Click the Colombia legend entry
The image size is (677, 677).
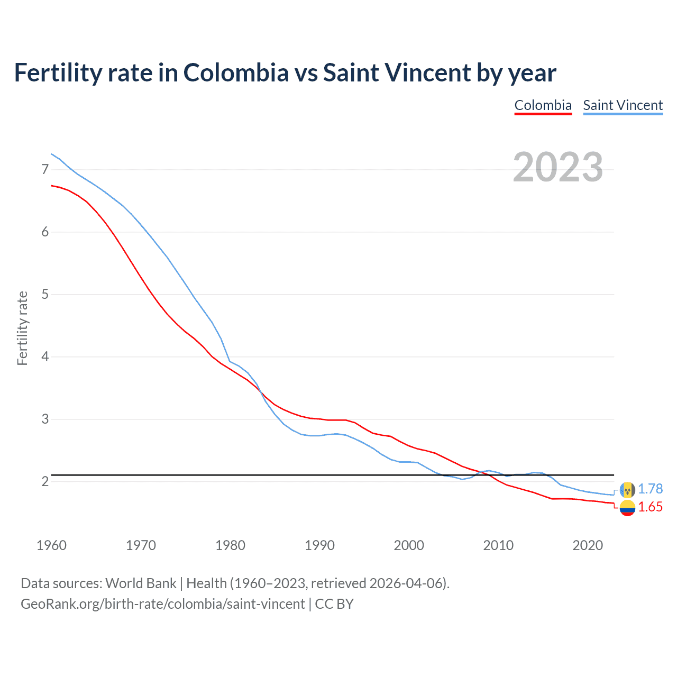pos(543,105)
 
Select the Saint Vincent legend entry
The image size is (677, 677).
pos(623,105)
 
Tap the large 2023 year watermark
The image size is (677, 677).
pos(557,167)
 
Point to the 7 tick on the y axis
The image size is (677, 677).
pos(45,169)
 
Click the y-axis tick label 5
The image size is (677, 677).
pos(45,294)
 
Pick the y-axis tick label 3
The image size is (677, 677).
pos(45,419)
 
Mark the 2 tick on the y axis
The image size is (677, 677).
pos(45,481)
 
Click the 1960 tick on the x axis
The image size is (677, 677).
pos(51,545)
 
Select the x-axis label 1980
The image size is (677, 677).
pos(230,545)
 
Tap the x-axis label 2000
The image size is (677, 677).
pos(409,545)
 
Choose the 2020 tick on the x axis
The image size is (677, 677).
pos(588,545)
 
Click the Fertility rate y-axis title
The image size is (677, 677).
pos(22,328)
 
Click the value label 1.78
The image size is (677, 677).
pos(650,489)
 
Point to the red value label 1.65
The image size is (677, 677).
pos(650,507)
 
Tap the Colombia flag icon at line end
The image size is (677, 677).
pos(627,508)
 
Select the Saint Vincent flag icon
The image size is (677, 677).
pos(627,490)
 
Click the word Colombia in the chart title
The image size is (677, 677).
pos(236,73)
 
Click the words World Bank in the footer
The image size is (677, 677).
pos(141,583)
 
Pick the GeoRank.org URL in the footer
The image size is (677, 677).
pos(163,604)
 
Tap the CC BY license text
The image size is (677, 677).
pos(334,604)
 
